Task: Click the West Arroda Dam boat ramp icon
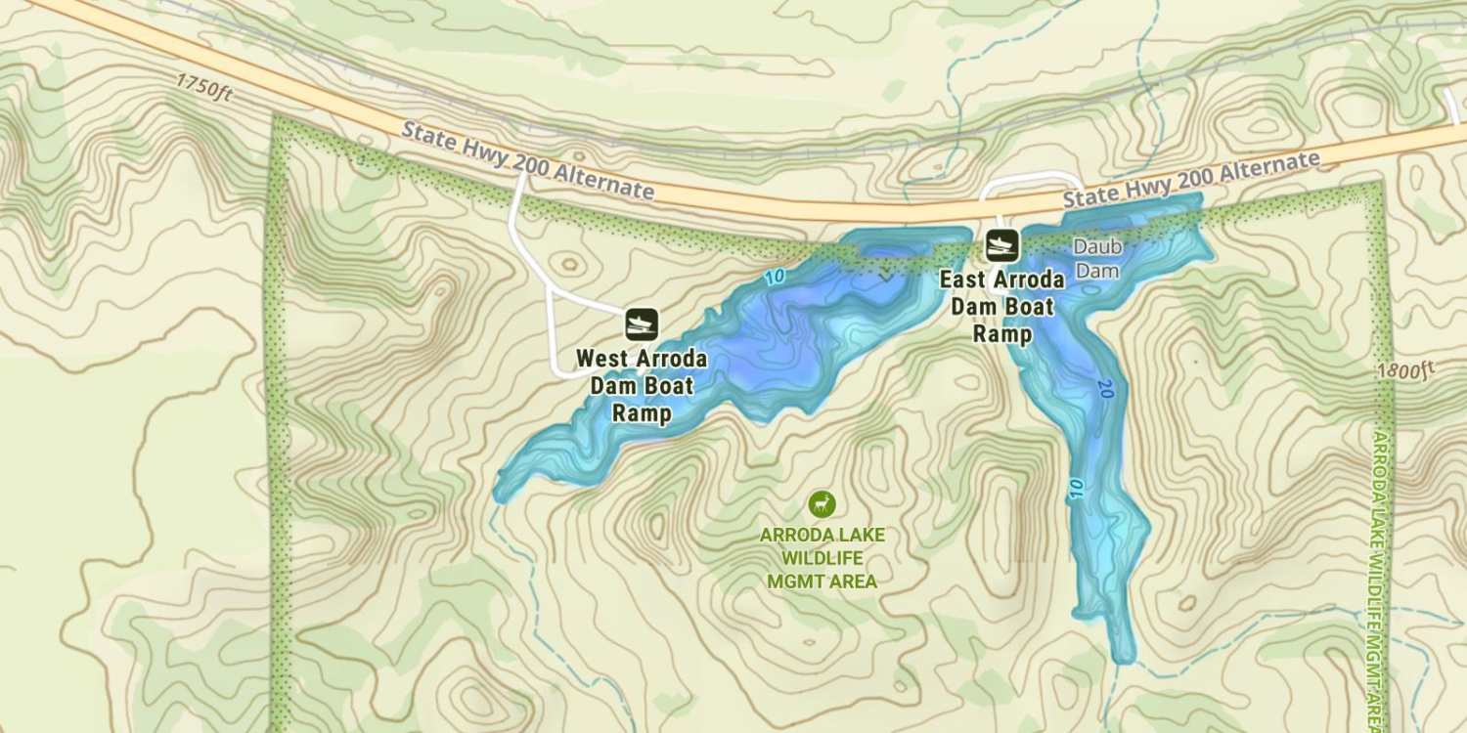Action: (x=642, y=323)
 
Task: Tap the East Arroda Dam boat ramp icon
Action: (x=1002, y=244)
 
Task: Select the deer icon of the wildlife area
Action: (x=822, y=504)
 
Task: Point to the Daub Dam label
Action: (x=1096, y=259)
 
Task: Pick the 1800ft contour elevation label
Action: (x=1405, y=370)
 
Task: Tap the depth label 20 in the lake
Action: (x=1105, y=389)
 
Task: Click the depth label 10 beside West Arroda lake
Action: (x=775, y=278)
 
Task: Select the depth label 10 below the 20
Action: (x=1077, y=489)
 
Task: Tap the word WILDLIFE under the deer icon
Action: (x=822, y=558)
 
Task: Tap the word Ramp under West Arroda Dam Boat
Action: (x=642, y=413)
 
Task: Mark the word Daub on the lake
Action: (x=1096, y=248)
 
